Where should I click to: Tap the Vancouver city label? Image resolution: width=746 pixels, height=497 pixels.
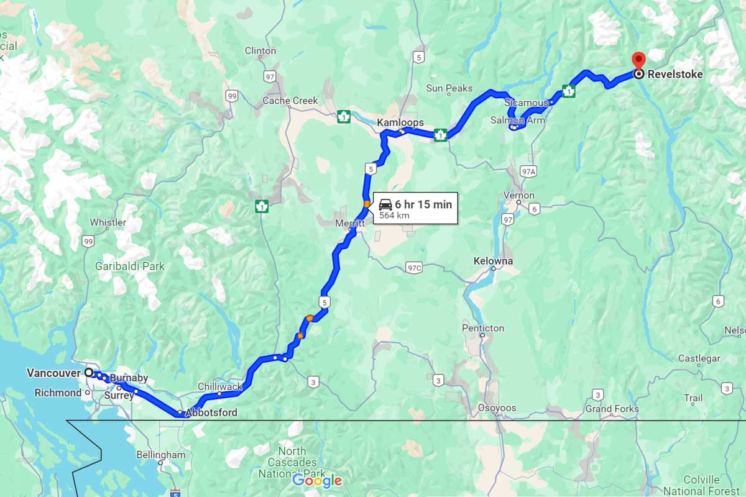click(x=53, y=373)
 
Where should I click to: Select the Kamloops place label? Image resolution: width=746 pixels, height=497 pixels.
click(x=400, y=123)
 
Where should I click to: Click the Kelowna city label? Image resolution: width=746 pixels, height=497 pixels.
click(x=493, y=261)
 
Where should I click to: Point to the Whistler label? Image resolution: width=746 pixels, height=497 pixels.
click(x=108, y=222)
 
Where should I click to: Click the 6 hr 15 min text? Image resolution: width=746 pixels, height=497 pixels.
click(x=423, y=204)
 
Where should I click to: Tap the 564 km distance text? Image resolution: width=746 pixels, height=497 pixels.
click(x=395, y=216)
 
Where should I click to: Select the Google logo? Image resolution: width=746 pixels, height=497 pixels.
click(x=317, y=480)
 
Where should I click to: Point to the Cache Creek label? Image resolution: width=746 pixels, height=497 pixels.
click(x=290, y=101)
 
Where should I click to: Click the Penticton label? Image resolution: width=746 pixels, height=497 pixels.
click(x=483, y=328)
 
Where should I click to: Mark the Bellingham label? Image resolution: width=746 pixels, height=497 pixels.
click(x=161, y=455)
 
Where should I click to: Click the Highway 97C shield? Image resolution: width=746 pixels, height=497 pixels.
click(x=413, y=268)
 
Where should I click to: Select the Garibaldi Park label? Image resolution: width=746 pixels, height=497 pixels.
click(x=130, y=266)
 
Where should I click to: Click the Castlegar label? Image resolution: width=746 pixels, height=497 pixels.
click(x=699, y=358)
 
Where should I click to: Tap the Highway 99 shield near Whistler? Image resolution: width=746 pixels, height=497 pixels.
click(x=88, y=241)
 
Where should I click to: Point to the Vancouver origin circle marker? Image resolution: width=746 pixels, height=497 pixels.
click(x=88, y=372)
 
